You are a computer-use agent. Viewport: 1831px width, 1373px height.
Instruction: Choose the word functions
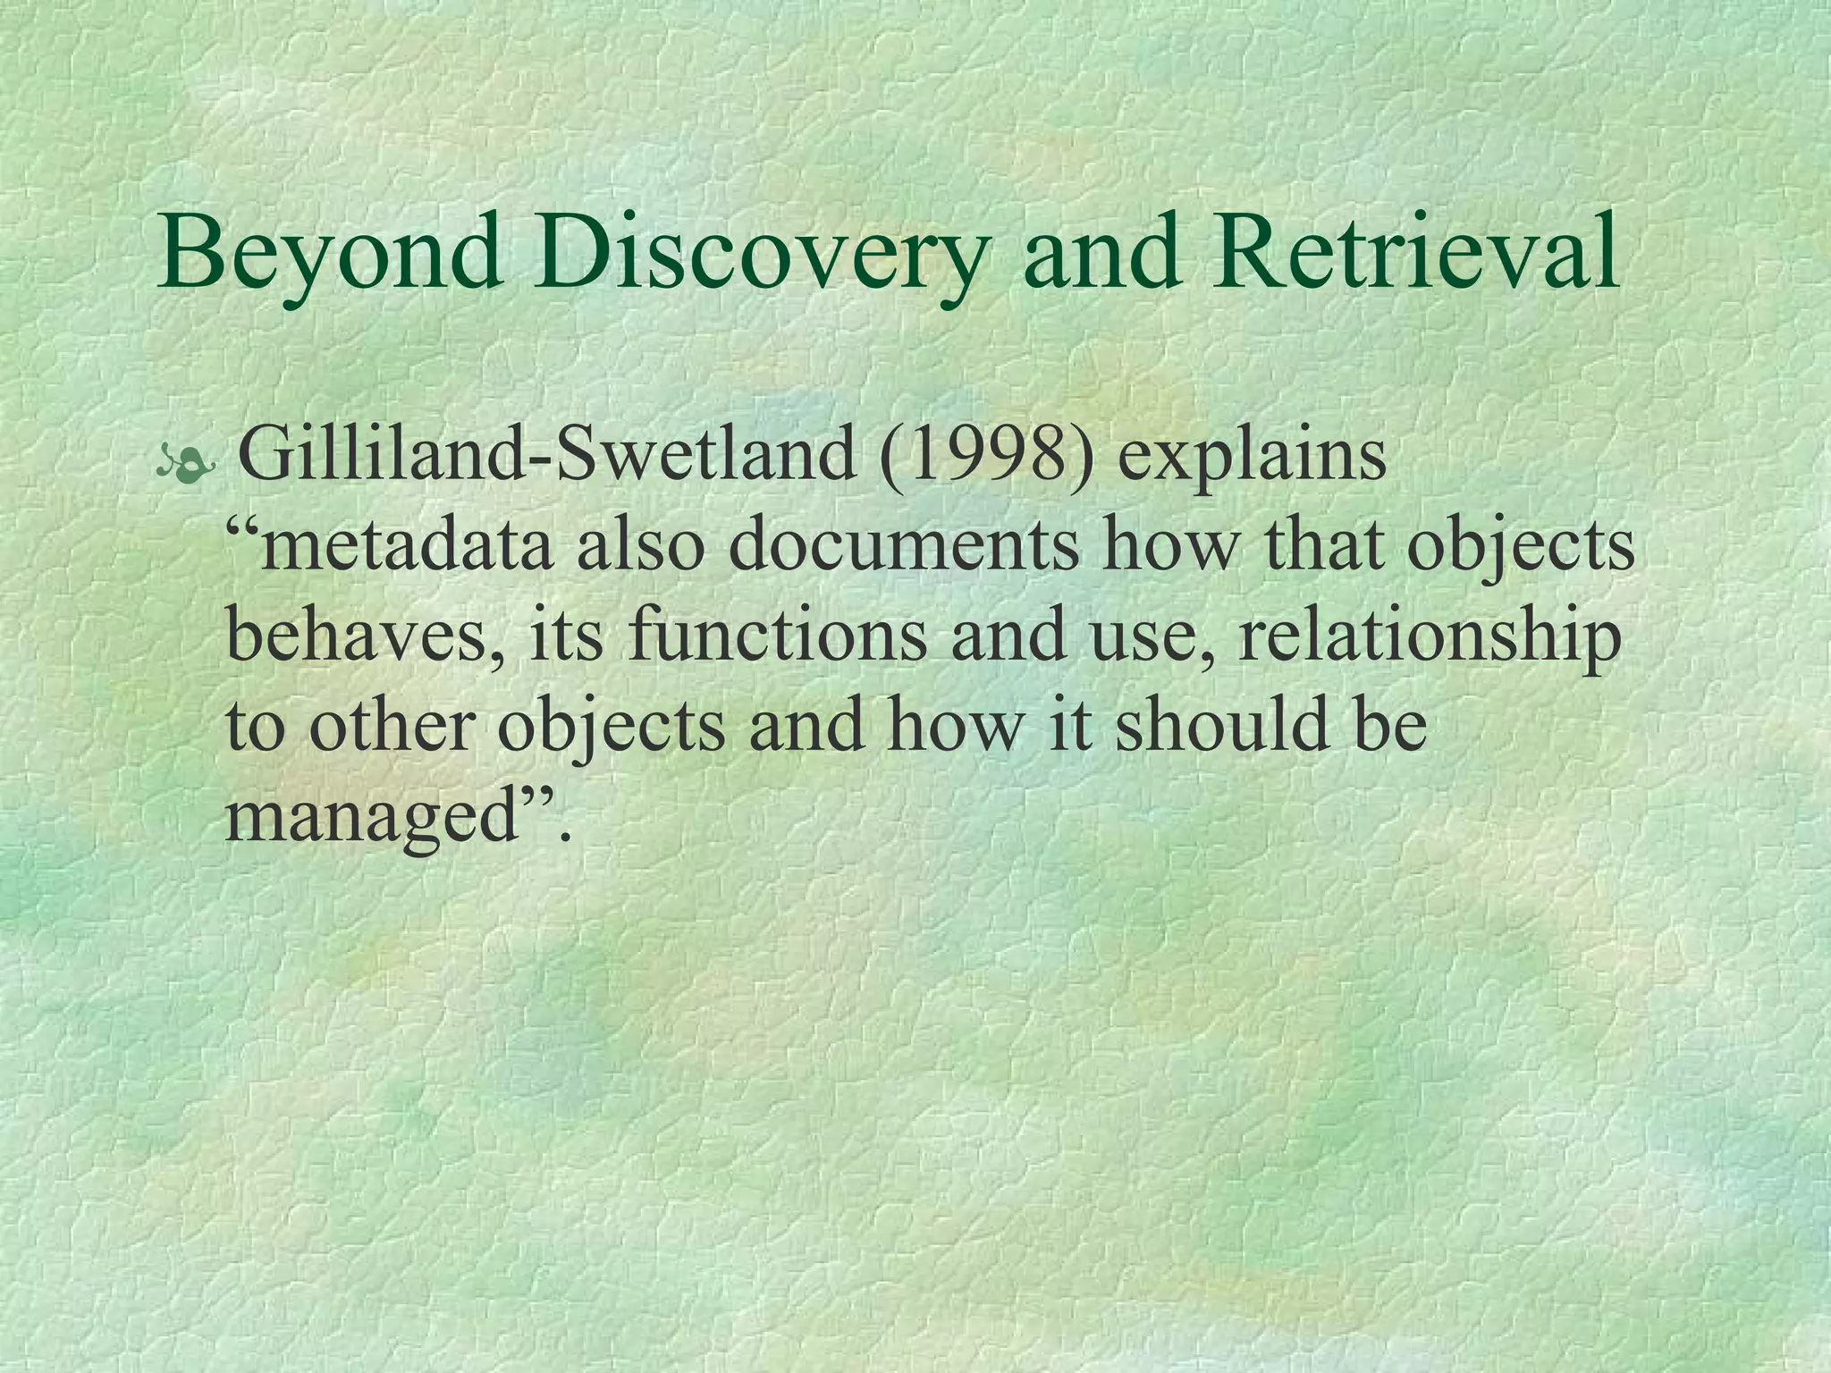point(777,636)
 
